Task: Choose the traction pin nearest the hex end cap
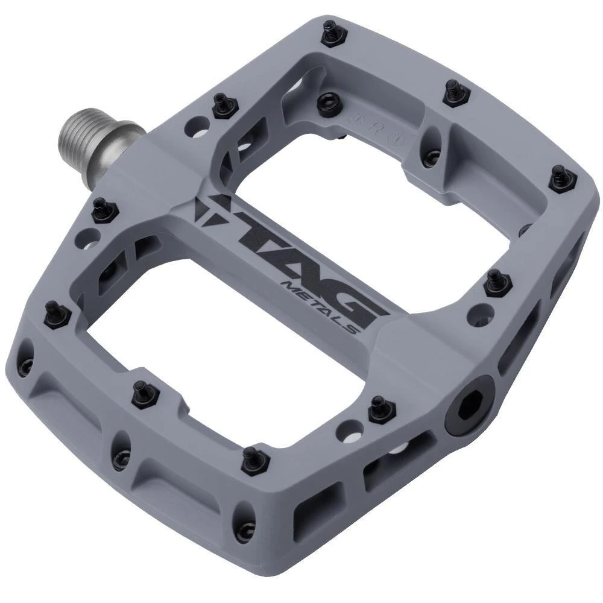[x=379, y=408]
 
